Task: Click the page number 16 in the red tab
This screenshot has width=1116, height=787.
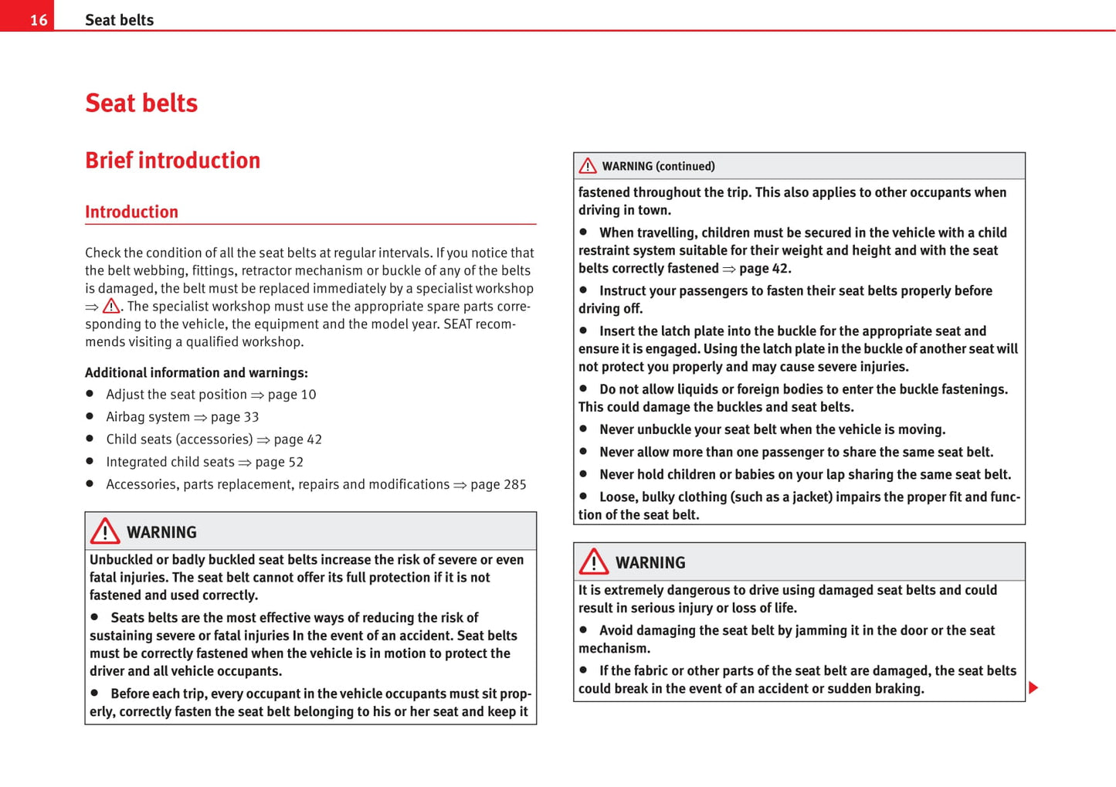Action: (x=39, y=20)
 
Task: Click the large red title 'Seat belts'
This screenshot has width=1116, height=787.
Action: (x=141, y=103)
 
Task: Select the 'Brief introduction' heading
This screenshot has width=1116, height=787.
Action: (x=172, y=160)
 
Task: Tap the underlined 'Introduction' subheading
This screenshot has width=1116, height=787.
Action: (x=131, y=212)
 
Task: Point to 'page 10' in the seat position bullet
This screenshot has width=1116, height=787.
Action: (x=292, y=395)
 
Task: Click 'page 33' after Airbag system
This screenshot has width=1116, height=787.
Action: (x=235, y=417)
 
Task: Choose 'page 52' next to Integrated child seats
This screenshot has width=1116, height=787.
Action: (x=279, y=462)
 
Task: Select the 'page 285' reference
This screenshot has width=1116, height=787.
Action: (x=498, y=484)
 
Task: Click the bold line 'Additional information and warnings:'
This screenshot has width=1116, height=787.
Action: (x=196, y=372)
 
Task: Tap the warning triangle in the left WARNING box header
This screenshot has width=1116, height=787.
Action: (x=105, y=531)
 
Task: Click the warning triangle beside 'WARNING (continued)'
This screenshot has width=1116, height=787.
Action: (x=588, y=166)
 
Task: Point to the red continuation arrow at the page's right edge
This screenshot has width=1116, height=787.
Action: (x=1033, y=687)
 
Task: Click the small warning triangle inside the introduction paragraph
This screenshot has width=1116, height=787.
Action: (x=111, y=306)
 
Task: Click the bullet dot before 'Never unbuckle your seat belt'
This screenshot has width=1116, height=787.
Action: (x=584, y=429)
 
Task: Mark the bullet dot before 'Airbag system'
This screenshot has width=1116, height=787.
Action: (x=90, y=416)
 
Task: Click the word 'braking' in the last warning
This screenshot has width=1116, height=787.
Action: (x=898, y=688)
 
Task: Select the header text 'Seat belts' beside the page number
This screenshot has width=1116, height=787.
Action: (x=119, y=20)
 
